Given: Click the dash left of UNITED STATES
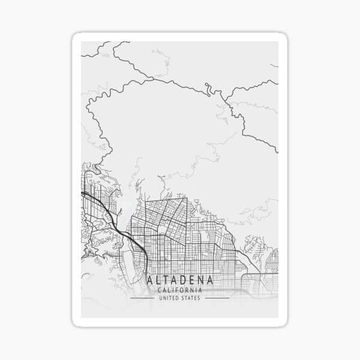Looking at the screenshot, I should coord(143,298).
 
